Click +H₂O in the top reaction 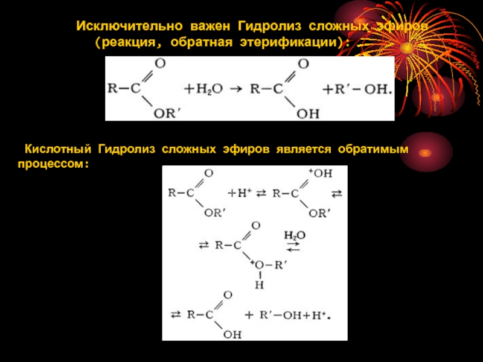coord(203,89)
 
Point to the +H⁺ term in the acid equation coord(239,194)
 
